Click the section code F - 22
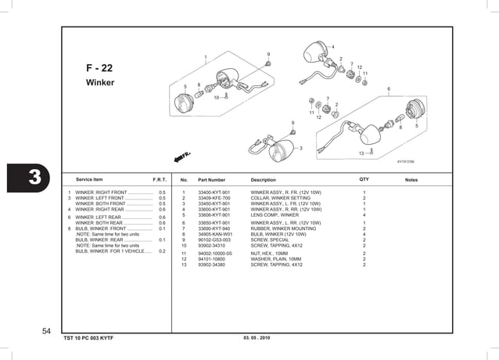click(x=99, y=68)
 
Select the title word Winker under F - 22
click(x=100, y=82)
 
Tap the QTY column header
click(x=364, y=179)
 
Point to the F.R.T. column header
click(x=160, y=180)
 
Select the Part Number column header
click(x=212, y=180)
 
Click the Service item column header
click(x=91, y=180)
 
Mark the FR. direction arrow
click(x=187, y=156)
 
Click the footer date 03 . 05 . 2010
click(x=257, y=337)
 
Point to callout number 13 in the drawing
click(x=361, y=154)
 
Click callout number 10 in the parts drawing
click(x=217, y=98)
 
